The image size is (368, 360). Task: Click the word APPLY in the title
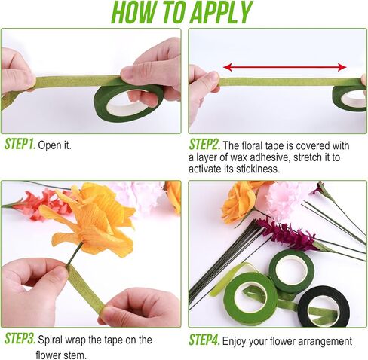[220, 12]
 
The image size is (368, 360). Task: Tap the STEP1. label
[20, 144]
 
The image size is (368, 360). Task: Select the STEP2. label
[204, 145]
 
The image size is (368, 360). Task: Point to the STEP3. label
[20, 338]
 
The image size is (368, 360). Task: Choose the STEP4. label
[204, 340]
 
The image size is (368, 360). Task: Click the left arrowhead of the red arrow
[228, 67]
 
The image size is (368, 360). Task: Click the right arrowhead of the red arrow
[342, 67]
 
